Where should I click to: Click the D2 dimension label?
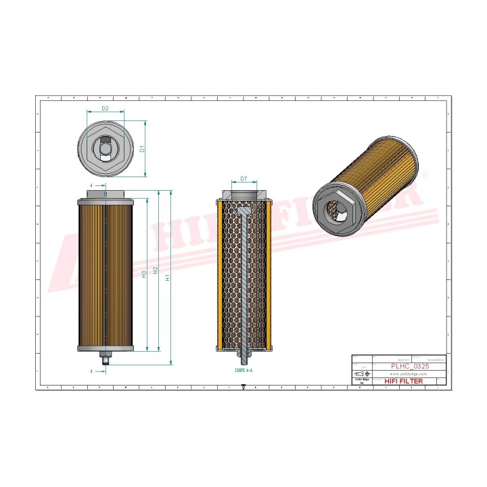(x=106, y=108)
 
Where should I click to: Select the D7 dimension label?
(x=243, y=179)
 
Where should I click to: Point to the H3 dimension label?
(x=144, y=274)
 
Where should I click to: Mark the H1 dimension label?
(x=168, y=277)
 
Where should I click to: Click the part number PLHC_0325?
(x=410, y=365)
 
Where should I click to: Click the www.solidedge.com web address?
(x=410, y=373)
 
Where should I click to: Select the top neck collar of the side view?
(x=106, y=195)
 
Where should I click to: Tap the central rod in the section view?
(x=243, y=284)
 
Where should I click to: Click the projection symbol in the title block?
(x=363, y=373)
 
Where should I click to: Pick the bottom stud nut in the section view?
(x=243, y=353)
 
